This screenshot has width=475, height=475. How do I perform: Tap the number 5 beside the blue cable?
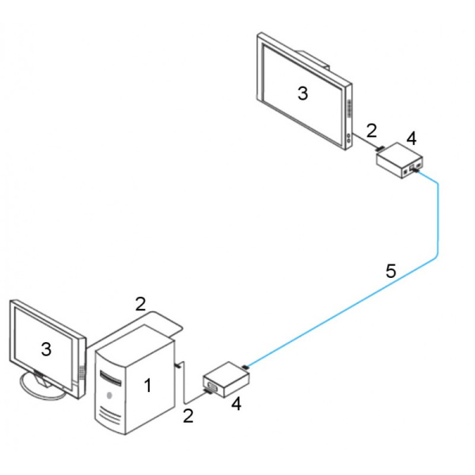click(390, 272)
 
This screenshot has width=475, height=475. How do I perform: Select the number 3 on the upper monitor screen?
click(302, 93)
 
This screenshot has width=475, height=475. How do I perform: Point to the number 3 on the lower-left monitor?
click(46, 348)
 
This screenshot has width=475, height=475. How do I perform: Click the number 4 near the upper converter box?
click(411, 139)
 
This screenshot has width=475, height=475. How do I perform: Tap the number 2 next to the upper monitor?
click(370, 129)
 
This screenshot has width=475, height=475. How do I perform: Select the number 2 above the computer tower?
click(140, 303)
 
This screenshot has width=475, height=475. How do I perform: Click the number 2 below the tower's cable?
click(188, 416)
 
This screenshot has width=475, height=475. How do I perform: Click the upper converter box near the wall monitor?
click(398, 163)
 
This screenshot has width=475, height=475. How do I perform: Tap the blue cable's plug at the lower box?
click(247, 368)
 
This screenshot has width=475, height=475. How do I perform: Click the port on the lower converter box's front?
click(212, 387)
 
